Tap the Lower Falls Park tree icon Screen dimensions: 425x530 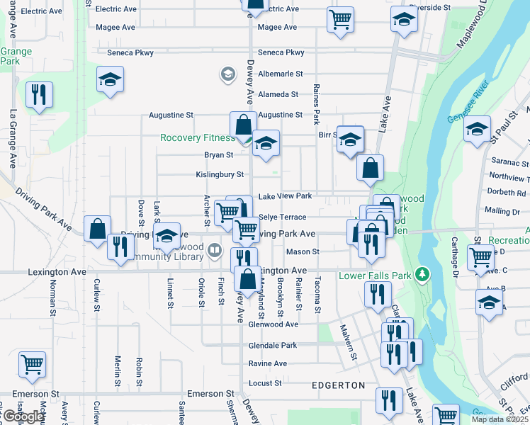point(424,274)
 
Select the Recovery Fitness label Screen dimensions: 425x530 point(197,138)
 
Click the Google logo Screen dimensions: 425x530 point(23,416)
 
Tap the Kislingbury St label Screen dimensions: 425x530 point(220,174)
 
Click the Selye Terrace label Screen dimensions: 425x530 point(283,217)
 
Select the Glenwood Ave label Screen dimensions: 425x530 point(274,324)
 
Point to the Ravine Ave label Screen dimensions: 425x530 point(267,364)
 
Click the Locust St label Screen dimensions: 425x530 point(265,383)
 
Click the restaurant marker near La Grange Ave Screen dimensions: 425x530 point(39,95)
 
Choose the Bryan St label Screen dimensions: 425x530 point(219,154)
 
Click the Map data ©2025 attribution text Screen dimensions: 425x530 point(500,419)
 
